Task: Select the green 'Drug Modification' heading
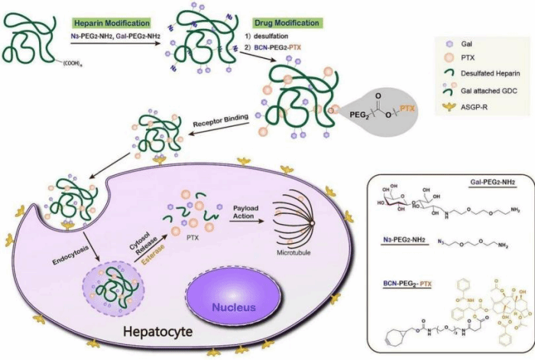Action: click(293, 24)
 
